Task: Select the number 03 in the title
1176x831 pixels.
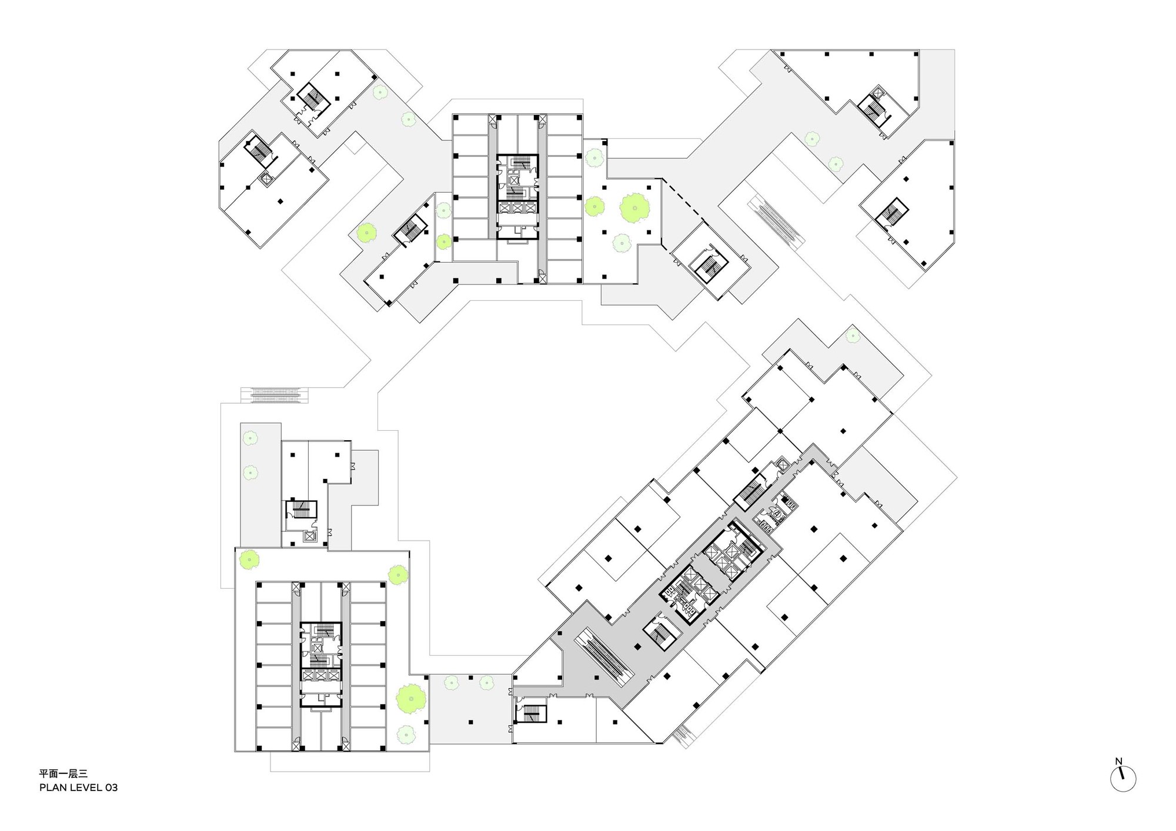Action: tap(111, 788)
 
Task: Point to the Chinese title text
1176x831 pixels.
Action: tap(63, 774)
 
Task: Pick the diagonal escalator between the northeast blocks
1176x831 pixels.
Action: tap(776, 220)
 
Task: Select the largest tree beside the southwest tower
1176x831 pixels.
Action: tap(411, 699)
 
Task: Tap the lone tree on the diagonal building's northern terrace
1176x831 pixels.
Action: tap(852, 336)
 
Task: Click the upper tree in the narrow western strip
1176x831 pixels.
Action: tap(250, 438)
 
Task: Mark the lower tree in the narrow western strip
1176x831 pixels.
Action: tap(250, 472)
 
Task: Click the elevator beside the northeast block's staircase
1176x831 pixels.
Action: tap(879, 93)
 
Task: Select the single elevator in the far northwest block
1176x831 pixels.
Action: tap(266, 179)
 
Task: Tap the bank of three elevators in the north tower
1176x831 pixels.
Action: tap(517, 207)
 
